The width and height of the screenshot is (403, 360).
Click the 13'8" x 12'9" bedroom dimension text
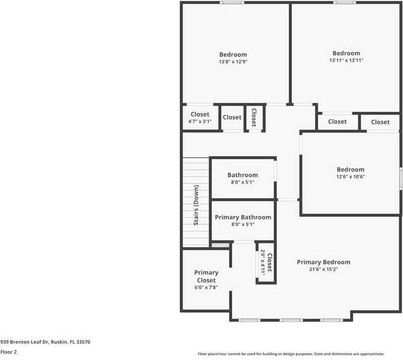(233, 62)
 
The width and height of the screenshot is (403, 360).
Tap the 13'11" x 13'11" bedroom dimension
(346, 61)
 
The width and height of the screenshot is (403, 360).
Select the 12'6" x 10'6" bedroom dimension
(350, 177)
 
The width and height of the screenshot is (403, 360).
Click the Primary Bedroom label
(323, 262)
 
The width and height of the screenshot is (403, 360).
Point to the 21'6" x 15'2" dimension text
(323, 269)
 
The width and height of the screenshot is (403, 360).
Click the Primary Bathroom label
(243, 217)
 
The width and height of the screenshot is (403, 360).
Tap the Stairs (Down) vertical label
(196, 205)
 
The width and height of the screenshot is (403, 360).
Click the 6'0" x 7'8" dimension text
(206, 288)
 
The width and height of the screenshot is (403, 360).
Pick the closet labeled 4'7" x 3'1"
(200, 122)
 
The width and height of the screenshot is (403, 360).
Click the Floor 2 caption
(8, 352)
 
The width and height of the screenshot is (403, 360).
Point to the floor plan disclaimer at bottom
(291, 354)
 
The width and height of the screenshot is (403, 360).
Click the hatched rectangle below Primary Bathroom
(220, 245)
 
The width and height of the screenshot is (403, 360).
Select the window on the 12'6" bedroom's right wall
(401, 179)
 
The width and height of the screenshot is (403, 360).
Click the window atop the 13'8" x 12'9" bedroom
(232, 2)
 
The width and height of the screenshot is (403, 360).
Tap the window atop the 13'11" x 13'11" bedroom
(345, 2)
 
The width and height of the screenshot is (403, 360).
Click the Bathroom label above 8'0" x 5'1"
(242, 175)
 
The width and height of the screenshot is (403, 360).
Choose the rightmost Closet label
(380, 122)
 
